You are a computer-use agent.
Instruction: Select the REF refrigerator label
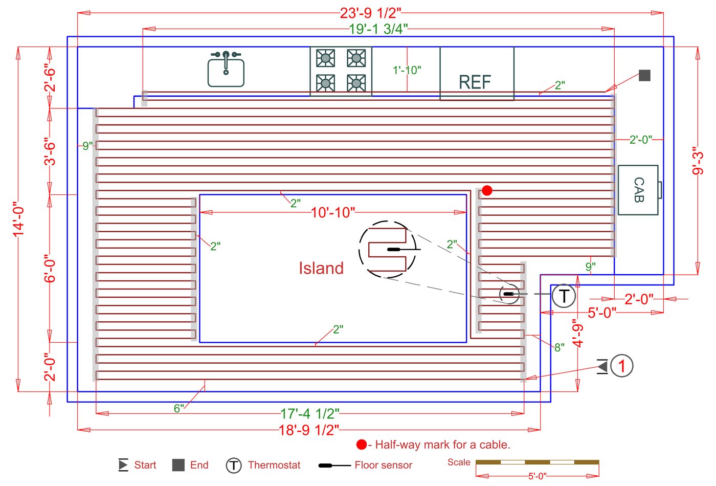[x=475, y=82]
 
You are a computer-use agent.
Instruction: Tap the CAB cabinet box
[x=638, y=190]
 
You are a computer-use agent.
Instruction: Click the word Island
[x=321, y=268]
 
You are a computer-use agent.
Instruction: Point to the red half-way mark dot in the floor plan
[x=487, y=190]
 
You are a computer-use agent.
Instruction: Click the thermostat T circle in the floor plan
[x=564, y=296]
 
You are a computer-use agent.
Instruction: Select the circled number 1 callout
[x=621, y=366]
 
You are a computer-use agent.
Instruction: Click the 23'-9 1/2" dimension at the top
[x=370, y=13]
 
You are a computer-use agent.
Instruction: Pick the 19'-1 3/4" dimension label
[x=378, y=29]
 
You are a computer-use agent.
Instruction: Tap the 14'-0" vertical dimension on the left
[x=19, y=218]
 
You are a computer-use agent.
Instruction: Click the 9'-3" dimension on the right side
[x=698, y=161]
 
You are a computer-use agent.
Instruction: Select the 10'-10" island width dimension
[x=332, y=212]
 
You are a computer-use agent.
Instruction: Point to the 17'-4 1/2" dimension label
[x=309, y=413]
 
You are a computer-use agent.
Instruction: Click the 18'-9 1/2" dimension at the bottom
[x=309, y=430]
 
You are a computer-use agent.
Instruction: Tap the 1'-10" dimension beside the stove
[x=407, y=70]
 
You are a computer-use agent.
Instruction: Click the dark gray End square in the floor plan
[x=644, y=75]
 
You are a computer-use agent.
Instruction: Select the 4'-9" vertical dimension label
[x=578, y=333]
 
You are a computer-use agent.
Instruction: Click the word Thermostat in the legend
[x=274, y=465]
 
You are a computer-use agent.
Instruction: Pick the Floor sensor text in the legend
[x=383, y=465]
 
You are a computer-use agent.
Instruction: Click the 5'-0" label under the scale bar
[x=537, y=476]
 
